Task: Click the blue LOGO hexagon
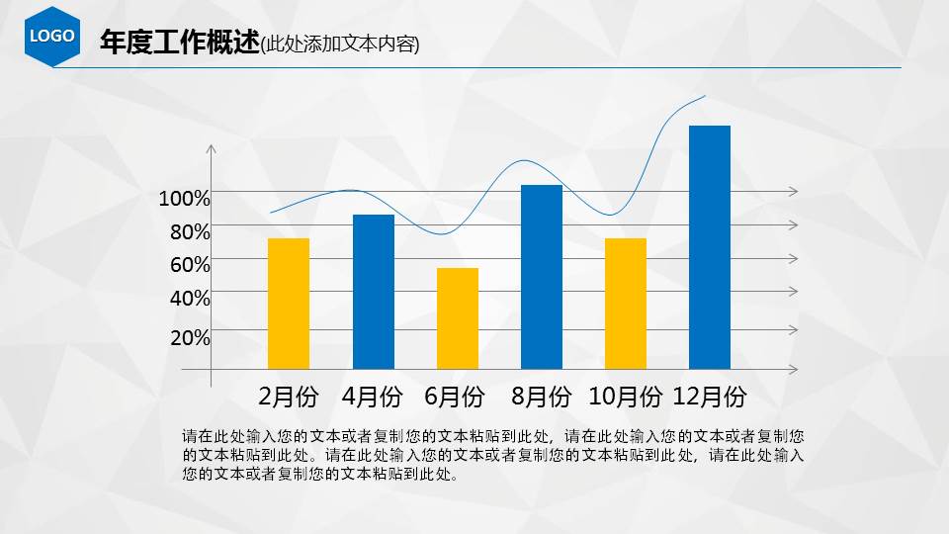(x=52, y=36)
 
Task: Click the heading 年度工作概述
(x=179, y=43)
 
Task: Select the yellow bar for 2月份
(x=289, y=303)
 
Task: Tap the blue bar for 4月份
(x=373, y=291)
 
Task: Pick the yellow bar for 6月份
(x=458, y=317)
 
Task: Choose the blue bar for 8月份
(x=541, y=276)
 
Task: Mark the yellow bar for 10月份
(x=626, y=303)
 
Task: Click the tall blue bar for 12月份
(x=709, y=246)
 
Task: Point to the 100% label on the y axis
(x=185, y=199)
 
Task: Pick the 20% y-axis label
(x=190, y=337)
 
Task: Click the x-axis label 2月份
(x=289, y=398)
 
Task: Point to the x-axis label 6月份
(x=455, y=398)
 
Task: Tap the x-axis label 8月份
(x=542, y=398)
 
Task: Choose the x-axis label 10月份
(x=625, y=398)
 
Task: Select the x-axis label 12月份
(x=709, y=398)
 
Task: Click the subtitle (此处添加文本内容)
(x=340, y=44)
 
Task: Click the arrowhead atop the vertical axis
(x=211, y=149)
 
